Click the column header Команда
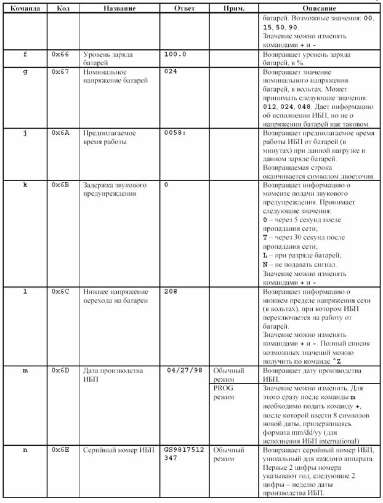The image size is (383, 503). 25,9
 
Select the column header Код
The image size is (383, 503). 63,9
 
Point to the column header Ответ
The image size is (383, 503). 184,9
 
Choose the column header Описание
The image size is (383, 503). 319,9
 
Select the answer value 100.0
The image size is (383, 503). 176,54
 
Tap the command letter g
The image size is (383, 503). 25,72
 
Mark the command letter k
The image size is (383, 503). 25,185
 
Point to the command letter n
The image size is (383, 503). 25,450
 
